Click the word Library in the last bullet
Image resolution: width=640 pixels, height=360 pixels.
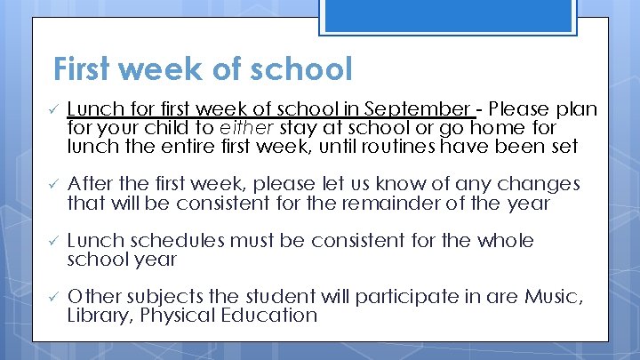pos(99,315)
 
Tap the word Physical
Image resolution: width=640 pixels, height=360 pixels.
pos(187,315)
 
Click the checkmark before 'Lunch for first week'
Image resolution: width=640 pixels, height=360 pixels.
pos(52,109)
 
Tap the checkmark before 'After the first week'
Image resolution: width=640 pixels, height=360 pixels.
pos(52,184)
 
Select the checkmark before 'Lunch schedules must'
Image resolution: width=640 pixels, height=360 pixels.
pos(52,241)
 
